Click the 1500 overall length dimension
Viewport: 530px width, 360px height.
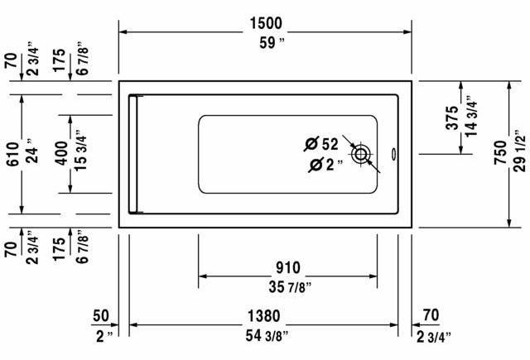click(266, 23)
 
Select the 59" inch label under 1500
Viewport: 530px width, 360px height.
click(266, 43)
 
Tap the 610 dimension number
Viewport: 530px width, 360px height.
click(11, 154)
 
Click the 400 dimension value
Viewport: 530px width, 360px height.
click(60, 154)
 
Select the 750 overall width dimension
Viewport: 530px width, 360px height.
click(499, 154)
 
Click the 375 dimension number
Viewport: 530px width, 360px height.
click(452, 117)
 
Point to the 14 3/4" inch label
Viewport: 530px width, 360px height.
click(472, 117)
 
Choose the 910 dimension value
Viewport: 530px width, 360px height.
click(287, 267)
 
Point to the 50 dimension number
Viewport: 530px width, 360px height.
click(101, 315)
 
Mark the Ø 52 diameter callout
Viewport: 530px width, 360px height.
click(321, 145)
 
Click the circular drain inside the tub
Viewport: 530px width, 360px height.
click(361, 154)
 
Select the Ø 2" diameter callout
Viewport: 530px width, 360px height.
click(325, 166)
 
